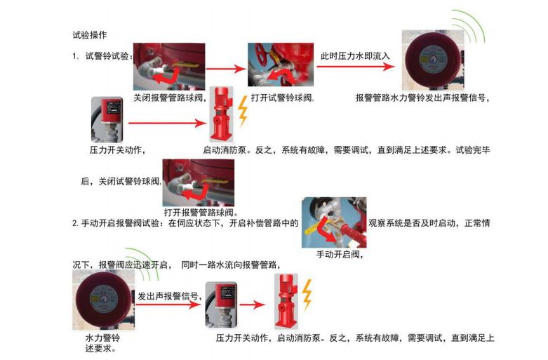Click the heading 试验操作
coord(89,34)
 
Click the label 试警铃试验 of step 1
coord(107,55)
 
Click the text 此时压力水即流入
coord(355,55)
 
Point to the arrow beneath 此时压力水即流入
coord(355,68)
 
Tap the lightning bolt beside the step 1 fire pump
coord(243,111)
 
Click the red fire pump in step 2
coord(283,302)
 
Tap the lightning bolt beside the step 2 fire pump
coord(306,295)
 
